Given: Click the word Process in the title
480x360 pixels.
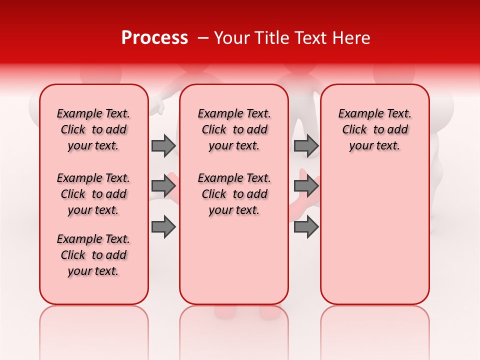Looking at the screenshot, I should pos(154,38).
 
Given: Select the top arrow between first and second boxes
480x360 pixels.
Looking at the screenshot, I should pos(163,145).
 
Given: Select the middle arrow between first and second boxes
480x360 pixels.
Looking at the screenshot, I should pos(163,186).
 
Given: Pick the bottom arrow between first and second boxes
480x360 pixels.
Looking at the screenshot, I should pos(163,227).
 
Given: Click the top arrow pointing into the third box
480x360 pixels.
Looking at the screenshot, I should pos(306,145).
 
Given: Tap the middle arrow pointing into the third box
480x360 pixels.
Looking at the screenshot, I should pos(306,186).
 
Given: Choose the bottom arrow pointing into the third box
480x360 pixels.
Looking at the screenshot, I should pos(306,227).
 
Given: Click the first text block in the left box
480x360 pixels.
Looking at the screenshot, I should pos(93,129).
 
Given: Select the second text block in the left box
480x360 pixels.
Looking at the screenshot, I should pos(93,194).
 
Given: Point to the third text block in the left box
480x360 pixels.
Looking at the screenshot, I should pos(93,255).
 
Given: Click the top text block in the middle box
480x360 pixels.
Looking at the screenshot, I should pos(234,129).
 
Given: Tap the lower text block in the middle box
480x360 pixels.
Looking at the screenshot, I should pos(234,194).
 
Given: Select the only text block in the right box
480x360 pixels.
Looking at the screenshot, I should pos(374,129).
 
